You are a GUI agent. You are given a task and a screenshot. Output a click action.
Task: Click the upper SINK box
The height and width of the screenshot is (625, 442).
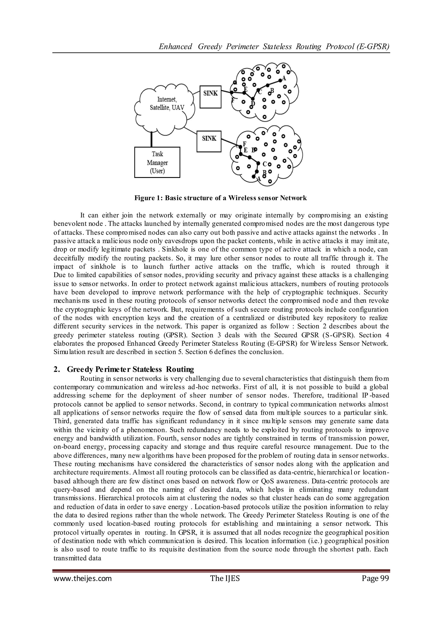point(210,97)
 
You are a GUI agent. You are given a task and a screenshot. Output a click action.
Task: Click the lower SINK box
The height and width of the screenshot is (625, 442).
point(209,141)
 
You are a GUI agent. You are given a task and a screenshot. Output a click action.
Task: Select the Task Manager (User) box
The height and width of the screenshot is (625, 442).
point(157,163)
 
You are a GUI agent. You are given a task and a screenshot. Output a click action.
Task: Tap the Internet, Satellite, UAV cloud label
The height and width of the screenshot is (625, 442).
point(167,103)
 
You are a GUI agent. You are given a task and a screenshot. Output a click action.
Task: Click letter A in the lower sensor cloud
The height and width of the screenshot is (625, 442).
point(259,179)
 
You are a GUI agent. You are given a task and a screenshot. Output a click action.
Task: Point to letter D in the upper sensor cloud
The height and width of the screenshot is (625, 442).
point(253,103)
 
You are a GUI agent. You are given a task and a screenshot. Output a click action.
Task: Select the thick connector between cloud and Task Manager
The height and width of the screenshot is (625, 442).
point(152,140)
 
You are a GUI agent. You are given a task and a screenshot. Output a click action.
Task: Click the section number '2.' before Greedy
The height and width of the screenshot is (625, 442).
point(57,370)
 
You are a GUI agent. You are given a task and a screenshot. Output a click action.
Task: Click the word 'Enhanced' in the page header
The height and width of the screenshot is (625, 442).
point(175,47)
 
